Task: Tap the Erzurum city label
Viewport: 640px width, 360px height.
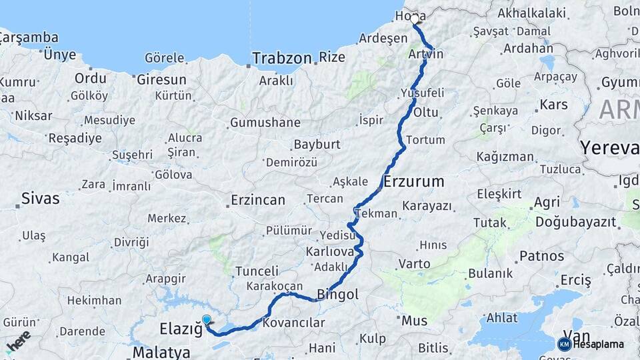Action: tap(414, 181)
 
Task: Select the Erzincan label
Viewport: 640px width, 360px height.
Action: tap(258, 200)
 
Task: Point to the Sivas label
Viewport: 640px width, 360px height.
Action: tap(40, 198)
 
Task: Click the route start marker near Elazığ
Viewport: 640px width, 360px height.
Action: tap(207, 321)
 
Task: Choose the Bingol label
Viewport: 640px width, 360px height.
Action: tap(337, 294)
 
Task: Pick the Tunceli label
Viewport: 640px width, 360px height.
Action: tap(257, 271)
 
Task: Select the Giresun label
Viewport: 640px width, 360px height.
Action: tap(161, 79)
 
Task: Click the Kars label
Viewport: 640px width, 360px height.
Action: tap(553, 105)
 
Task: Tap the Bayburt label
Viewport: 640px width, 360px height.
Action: tap(317, 144)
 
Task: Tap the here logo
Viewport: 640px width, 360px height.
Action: tap(18, 342)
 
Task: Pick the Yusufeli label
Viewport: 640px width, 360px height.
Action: tap(421, 93)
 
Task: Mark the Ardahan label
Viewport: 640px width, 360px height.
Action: tap(528, 48)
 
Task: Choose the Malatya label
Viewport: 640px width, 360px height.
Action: tap(161, 352)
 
